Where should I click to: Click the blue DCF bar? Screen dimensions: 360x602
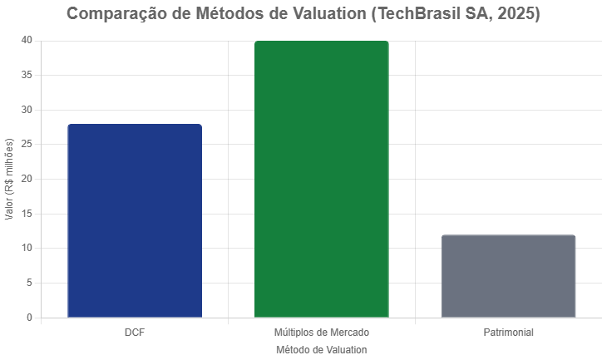(x=135, y=220)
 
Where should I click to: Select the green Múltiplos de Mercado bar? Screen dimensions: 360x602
(x=321, y=179)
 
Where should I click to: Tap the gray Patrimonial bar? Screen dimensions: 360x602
(x=508, y=276)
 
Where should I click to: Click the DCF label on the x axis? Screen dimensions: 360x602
(x=135, y=333)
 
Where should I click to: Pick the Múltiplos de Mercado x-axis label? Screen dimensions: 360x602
(x=321, y=333)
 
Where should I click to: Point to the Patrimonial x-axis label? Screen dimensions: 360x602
(x=508, y=333)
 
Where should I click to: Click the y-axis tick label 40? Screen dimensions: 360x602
(x=27, y=40)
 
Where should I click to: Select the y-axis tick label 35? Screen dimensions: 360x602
(x=27, y=75)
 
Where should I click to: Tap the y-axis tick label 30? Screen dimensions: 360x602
(x=27, y=110)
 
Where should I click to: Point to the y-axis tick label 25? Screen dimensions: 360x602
(x=27, y=144)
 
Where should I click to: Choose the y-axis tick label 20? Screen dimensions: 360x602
(x=27, y=179)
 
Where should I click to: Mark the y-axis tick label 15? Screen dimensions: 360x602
(x=27, y=214)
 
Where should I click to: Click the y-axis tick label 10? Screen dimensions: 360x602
(x=27, y=248)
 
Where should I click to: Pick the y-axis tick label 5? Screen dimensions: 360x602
(x=29, y=283)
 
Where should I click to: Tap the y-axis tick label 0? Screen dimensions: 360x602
(x=29, y=318)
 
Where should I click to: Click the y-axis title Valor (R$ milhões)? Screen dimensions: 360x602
(x=9, y=179)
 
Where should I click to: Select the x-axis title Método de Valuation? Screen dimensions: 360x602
(x=321, y=350)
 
